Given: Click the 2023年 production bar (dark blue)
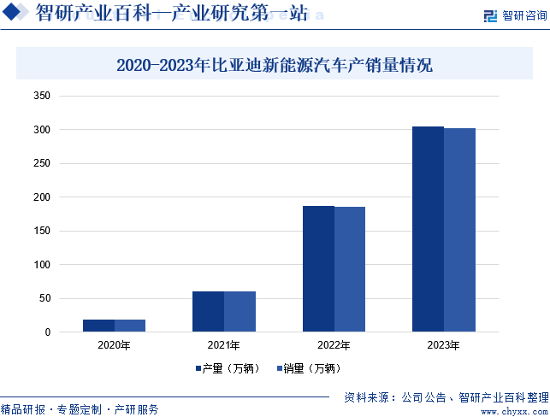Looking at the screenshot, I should (428, 229).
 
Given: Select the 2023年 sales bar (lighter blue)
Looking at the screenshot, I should (459, 230).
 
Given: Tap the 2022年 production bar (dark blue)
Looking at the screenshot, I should (318, 268).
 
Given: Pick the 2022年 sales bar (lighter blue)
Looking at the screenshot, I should (350, 269).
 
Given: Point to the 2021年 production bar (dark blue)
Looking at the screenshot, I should (208, 311).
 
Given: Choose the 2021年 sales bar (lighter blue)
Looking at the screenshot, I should (240, 311).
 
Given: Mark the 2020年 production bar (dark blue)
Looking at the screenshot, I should (98, 326).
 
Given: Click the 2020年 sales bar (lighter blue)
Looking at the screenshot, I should (130, 326).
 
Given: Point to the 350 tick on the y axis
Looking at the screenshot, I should (43, 96).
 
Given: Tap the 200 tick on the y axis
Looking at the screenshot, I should (43, 197).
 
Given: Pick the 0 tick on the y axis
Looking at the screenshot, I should (48, 332).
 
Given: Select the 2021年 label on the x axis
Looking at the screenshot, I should (224, 346).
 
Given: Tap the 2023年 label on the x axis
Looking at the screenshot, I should (443, 346).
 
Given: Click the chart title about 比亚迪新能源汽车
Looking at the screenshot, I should (275, 65).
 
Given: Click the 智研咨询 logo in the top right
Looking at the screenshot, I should (514, 15).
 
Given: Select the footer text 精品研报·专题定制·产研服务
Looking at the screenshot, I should (80, 409).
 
